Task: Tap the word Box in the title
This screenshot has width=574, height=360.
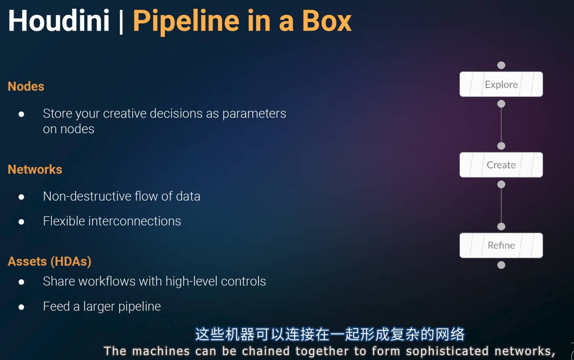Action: coord(327,21)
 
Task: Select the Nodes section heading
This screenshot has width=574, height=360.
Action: coord(26,87)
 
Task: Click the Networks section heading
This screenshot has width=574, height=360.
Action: coord(35,169)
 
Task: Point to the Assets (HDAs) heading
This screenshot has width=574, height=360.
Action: coord(49,262)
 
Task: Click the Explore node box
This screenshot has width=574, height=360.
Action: coord(501,84)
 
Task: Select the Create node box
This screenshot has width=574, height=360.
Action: coord(501,165)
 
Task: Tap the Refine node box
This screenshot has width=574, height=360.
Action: coord(501,245)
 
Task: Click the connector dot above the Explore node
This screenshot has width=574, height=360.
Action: coord(501,65)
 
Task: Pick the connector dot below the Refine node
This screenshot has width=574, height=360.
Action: coord(501,265)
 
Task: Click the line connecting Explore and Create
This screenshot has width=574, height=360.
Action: coord(501,125)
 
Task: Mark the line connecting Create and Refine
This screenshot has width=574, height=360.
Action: coord(501,205)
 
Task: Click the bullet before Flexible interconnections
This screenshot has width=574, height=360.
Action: coord(22,222)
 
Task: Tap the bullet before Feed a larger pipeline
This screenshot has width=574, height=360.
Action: coord(22,307)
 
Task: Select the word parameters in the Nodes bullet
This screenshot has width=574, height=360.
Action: coord(254,114)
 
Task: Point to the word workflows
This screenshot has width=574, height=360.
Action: coord(107,281)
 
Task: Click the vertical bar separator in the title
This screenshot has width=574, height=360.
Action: coord(121,22)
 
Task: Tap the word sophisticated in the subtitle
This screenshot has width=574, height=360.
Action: coord(447,351)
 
